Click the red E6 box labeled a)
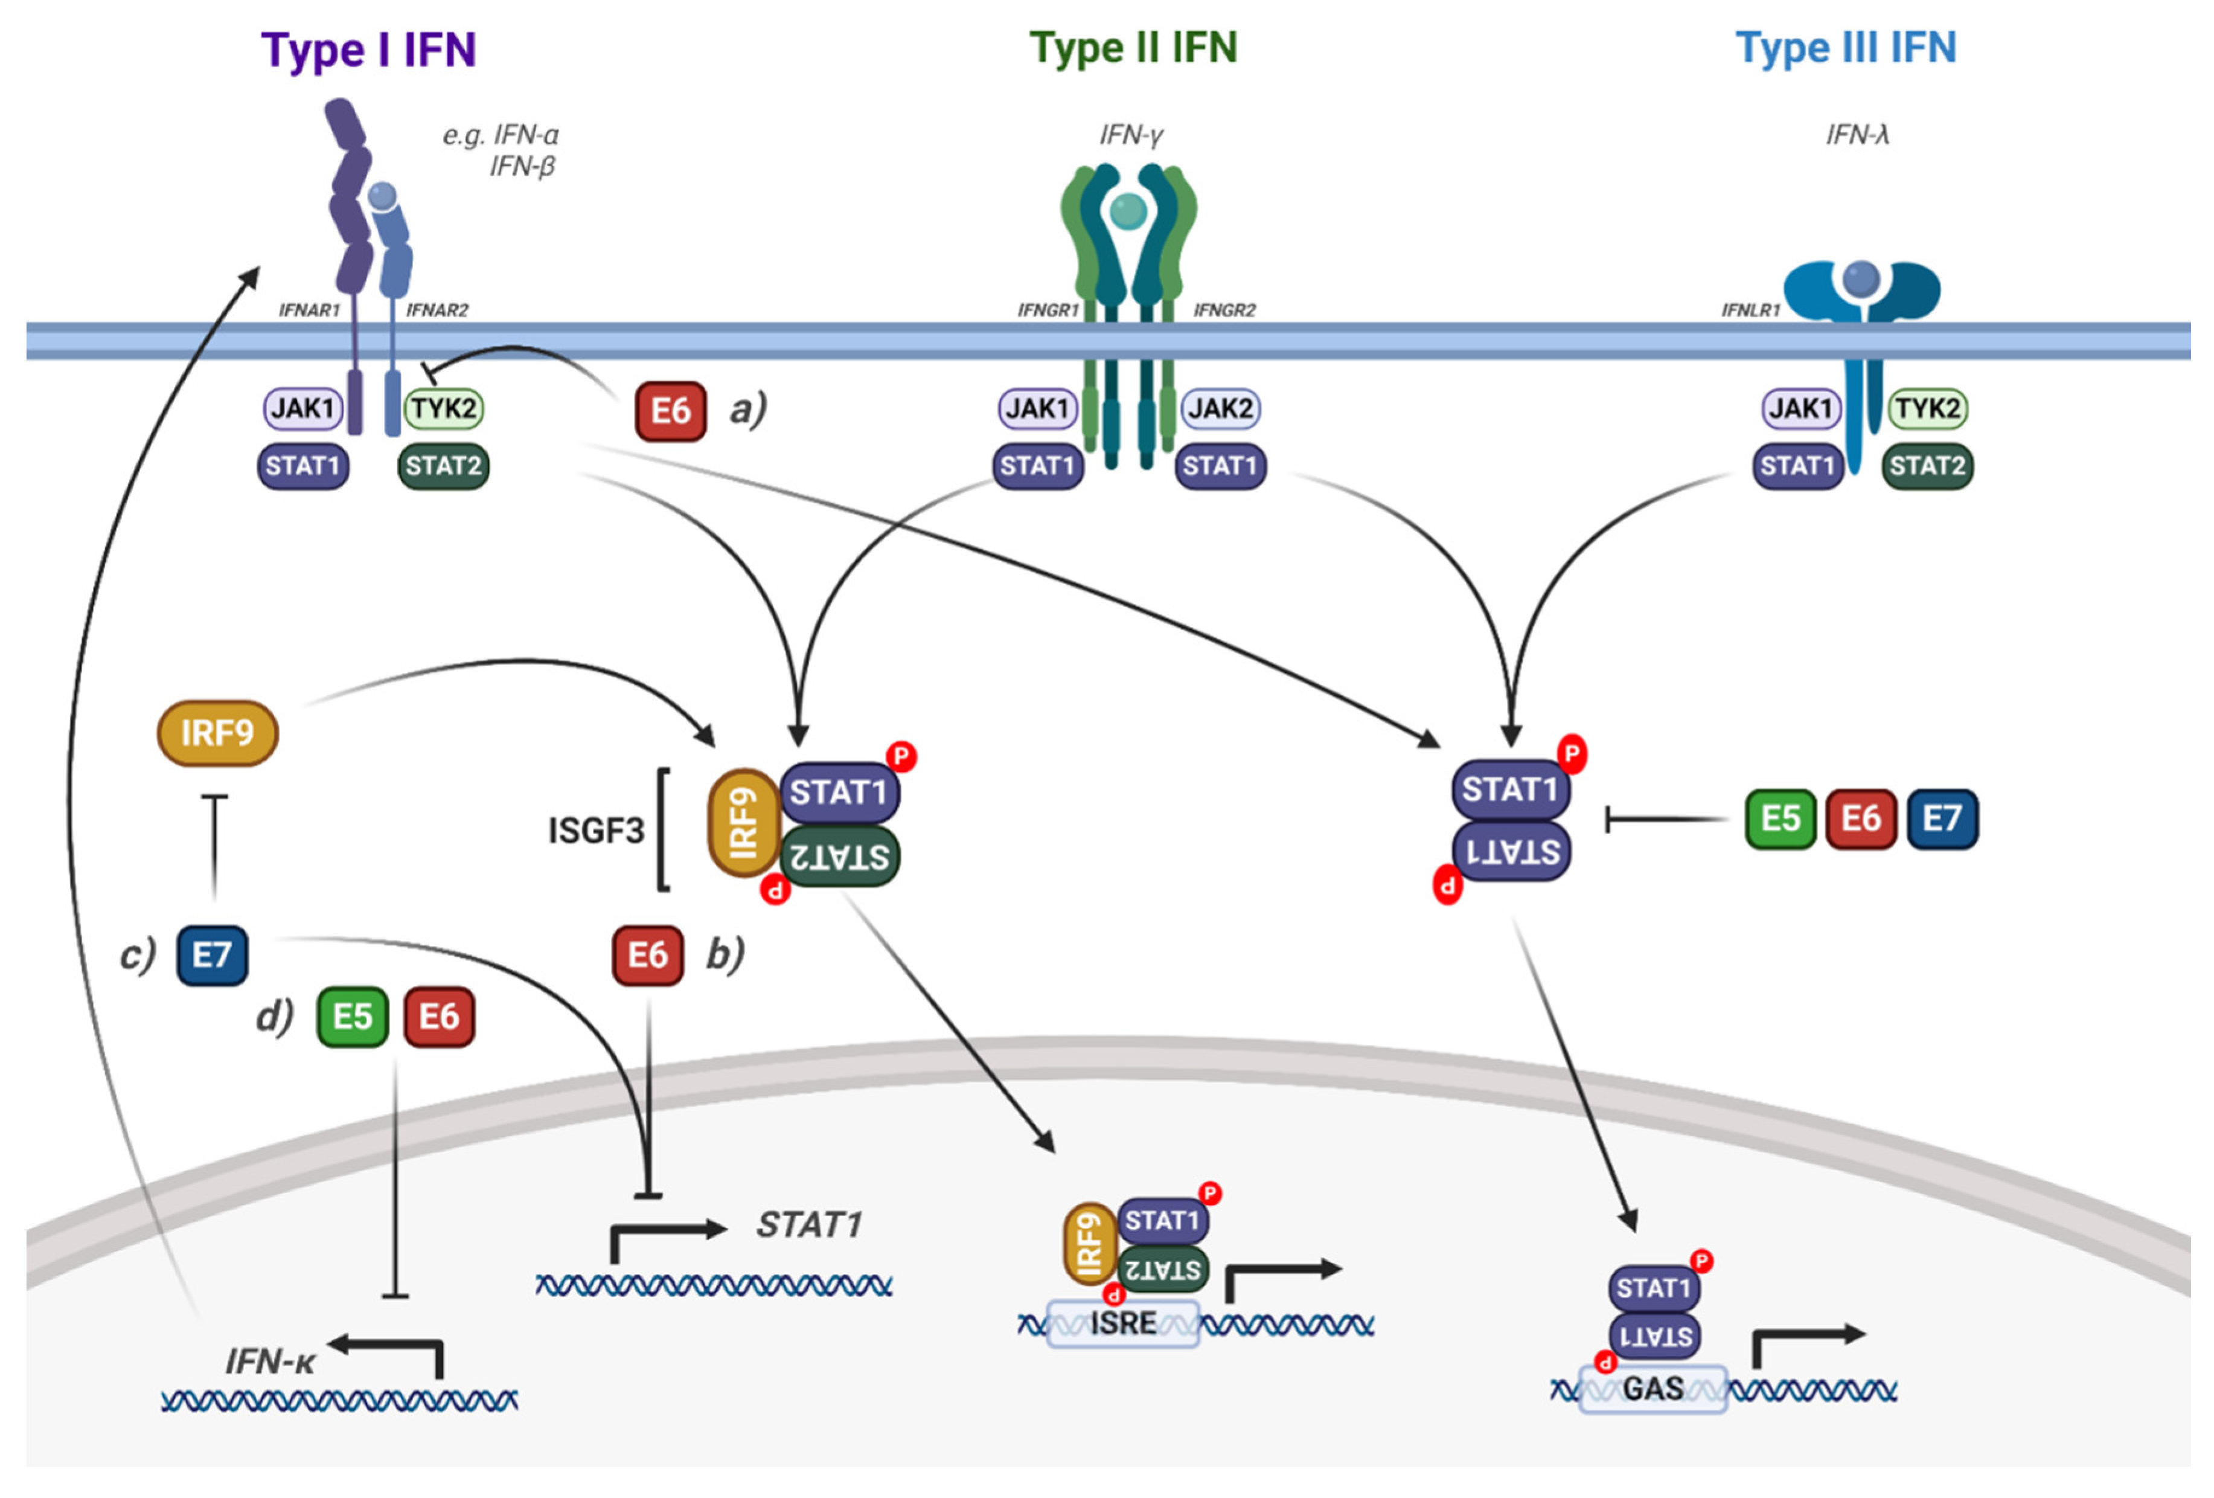coord(671,412)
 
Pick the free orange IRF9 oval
coord(217,733)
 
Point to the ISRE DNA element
coord(1123,1323)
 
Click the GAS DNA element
coord(1653,1389)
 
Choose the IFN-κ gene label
coord(270,1361)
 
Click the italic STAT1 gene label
coord(809,1224)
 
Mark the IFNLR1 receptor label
coord(1750,310)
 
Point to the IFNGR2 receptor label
coord(1224,310)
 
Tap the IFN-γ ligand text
coord(1131,135)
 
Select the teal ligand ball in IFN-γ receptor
coord(1129,211)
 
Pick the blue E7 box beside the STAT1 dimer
coord(1942,818)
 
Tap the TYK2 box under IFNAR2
coord(444,409)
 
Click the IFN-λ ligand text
coord(1857,135)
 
